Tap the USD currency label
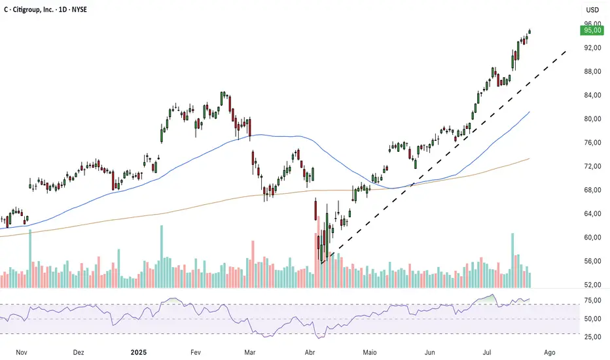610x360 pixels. click(592, 10)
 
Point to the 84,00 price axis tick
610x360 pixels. click(592, 95)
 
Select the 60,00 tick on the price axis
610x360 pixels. click(592, 237)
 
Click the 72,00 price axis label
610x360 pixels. click(592, 166)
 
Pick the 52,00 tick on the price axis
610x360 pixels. click(592, 285)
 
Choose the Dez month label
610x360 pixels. click(79, 351)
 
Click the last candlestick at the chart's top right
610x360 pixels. click(529, 31)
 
